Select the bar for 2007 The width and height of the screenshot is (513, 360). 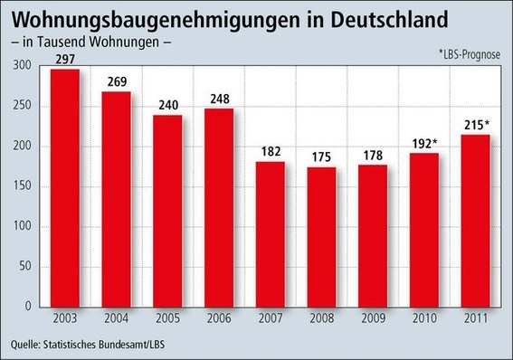(270, 235)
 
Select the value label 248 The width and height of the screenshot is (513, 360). (218, 99)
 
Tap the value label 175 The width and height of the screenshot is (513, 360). (322, 156)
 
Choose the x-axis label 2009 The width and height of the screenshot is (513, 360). (374, 319)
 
